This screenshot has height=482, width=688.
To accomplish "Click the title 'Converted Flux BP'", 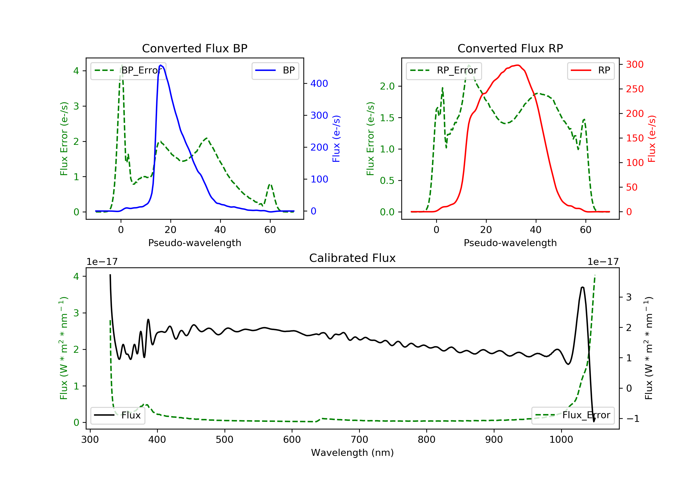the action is (195, 48).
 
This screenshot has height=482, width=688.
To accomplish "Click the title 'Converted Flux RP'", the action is (510, 48).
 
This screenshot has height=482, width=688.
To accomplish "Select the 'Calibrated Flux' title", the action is (352, 258).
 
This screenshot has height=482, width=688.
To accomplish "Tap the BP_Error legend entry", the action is (128, 70).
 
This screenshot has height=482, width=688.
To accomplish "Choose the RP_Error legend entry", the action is (444, 70).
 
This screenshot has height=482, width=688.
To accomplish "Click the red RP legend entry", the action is (591, 70).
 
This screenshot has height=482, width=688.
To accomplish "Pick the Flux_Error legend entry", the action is (573, 415).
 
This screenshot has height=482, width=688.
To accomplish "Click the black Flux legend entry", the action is (117, 415).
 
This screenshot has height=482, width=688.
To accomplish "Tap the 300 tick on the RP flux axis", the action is (635, 64).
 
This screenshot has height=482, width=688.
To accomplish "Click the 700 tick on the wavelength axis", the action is (359, 439).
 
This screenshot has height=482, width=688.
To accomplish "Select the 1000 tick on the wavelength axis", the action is (561, 439).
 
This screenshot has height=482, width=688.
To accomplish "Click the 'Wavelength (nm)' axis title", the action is (352, 452).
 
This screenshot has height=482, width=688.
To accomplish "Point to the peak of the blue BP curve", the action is (161, 65).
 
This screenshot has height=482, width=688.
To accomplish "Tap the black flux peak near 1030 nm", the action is (582, 287).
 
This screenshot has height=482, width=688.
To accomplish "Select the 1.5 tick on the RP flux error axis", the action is (387, 118).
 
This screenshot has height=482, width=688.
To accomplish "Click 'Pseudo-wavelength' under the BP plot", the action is (195, 243).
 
